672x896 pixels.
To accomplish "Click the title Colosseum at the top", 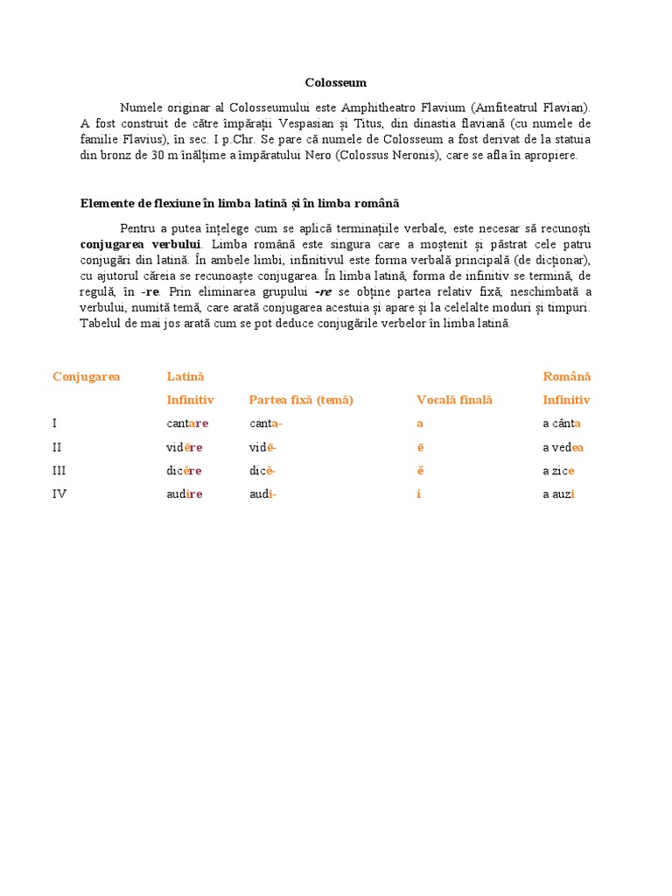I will click(x=336, y=83).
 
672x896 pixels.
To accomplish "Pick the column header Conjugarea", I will click(x=86, y=376).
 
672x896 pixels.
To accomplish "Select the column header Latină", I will click(x=185, y=376).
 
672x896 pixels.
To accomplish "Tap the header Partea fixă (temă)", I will click(x=300, y=400).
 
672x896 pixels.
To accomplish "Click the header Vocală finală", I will click(x=454, y=400).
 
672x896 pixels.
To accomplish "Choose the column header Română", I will click(x=567, y=376).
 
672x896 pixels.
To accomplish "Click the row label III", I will click(x=59, y=471).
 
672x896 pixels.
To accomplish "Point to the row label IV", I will click(x=59, y=494).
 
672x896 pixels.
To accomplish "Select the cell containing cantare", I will click(x=187, y=423).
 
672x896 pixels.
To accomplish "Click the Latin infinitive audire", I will click(x=185, y=494).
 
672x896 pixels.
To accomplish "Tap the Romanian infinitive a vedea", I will click(x=563, y=447).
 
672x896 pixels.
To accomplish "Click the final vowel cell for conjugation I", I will click(x=419, y=423).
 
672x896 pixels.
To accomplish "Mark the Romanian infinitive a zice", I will click(x=558, y=471).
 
